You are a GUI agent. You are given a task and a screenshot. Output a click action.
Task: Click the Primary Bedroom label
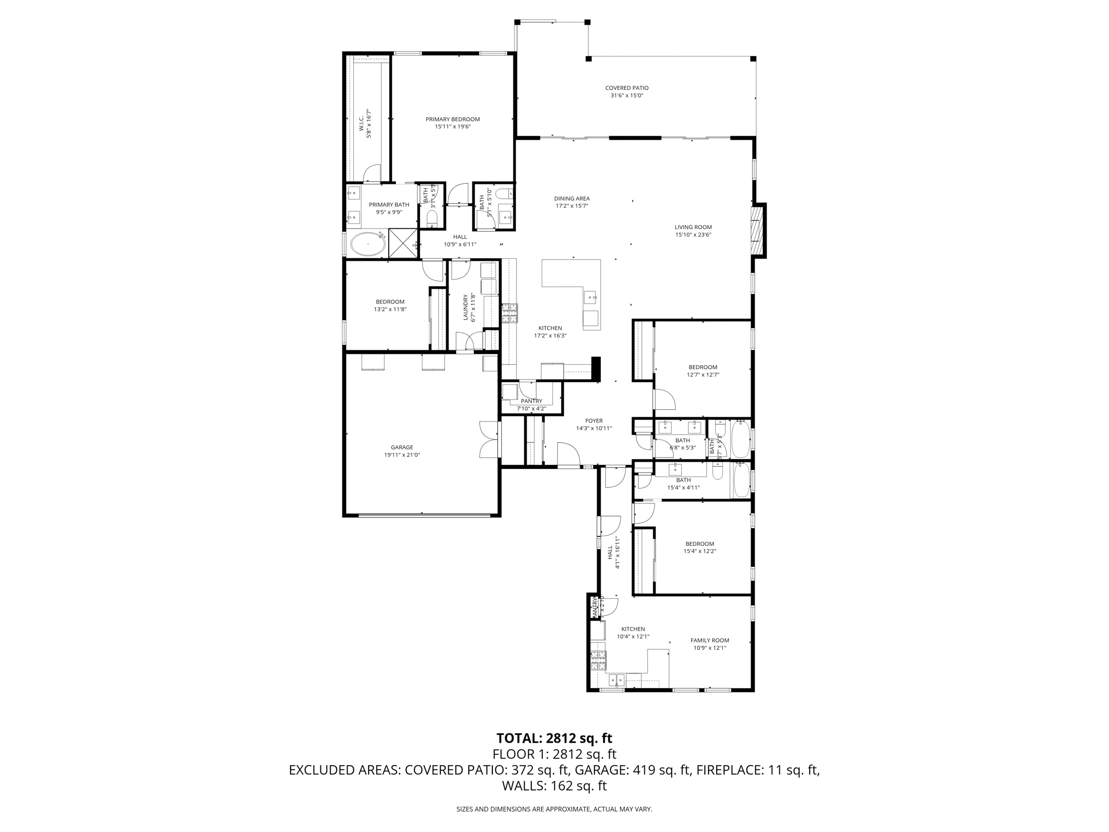[452, 119]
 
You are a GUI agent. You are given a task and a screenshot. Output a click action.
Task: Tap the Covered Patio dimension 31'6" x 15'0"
[626, 96]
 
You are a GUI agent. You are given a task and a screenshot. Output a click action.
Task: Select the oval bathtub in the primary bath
[368, 244]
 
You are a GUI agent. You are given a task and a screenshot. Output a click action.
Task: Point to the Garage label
[401, 447]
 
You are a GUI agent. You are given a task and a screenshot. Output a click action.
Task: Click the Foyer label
[594, 421]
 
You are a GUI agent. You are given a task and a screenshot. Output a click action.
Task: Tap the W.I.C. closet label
[361, 123]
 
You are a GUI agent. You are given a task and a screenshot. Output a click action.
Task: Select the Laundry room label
[466, 308]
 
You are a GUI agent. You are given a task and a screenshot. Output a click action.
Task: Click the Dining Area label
[571, 198]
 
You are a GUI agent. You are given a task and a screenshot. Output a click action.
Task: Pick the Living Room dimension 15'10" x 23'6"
[693, 235]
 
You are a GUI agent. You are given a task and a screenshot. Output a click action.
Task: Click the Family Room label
[710, 640]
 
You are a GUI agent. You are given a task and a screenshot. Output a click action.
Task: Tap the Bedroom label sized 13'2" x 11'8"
[390, 301]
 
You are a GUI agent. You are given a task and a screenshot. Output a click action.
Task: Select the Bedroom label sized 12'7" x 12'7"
[702, 367]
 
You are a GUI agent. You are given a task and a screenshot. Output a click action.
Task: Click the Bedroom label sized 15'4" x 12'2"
[699, 544]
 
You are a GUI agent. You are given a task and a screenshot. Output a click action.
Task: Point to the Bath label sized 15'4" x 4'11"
[683, 480]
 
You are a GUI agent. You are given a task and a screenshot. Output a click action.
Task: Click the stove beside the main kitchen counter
[509, 313]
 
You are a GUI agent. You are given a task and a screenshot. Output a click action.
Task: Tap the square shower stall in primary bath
[404, 243]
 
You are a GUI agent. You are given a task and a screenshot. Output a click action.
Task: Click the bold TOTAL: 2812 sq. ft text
[554, 739]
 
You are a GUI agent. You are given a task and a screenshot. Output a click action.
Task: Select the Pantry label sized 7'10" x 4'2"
[531, 401]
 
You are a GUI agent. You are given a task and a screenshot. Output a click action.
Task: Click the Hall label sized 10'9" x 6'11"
[460, 237]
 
